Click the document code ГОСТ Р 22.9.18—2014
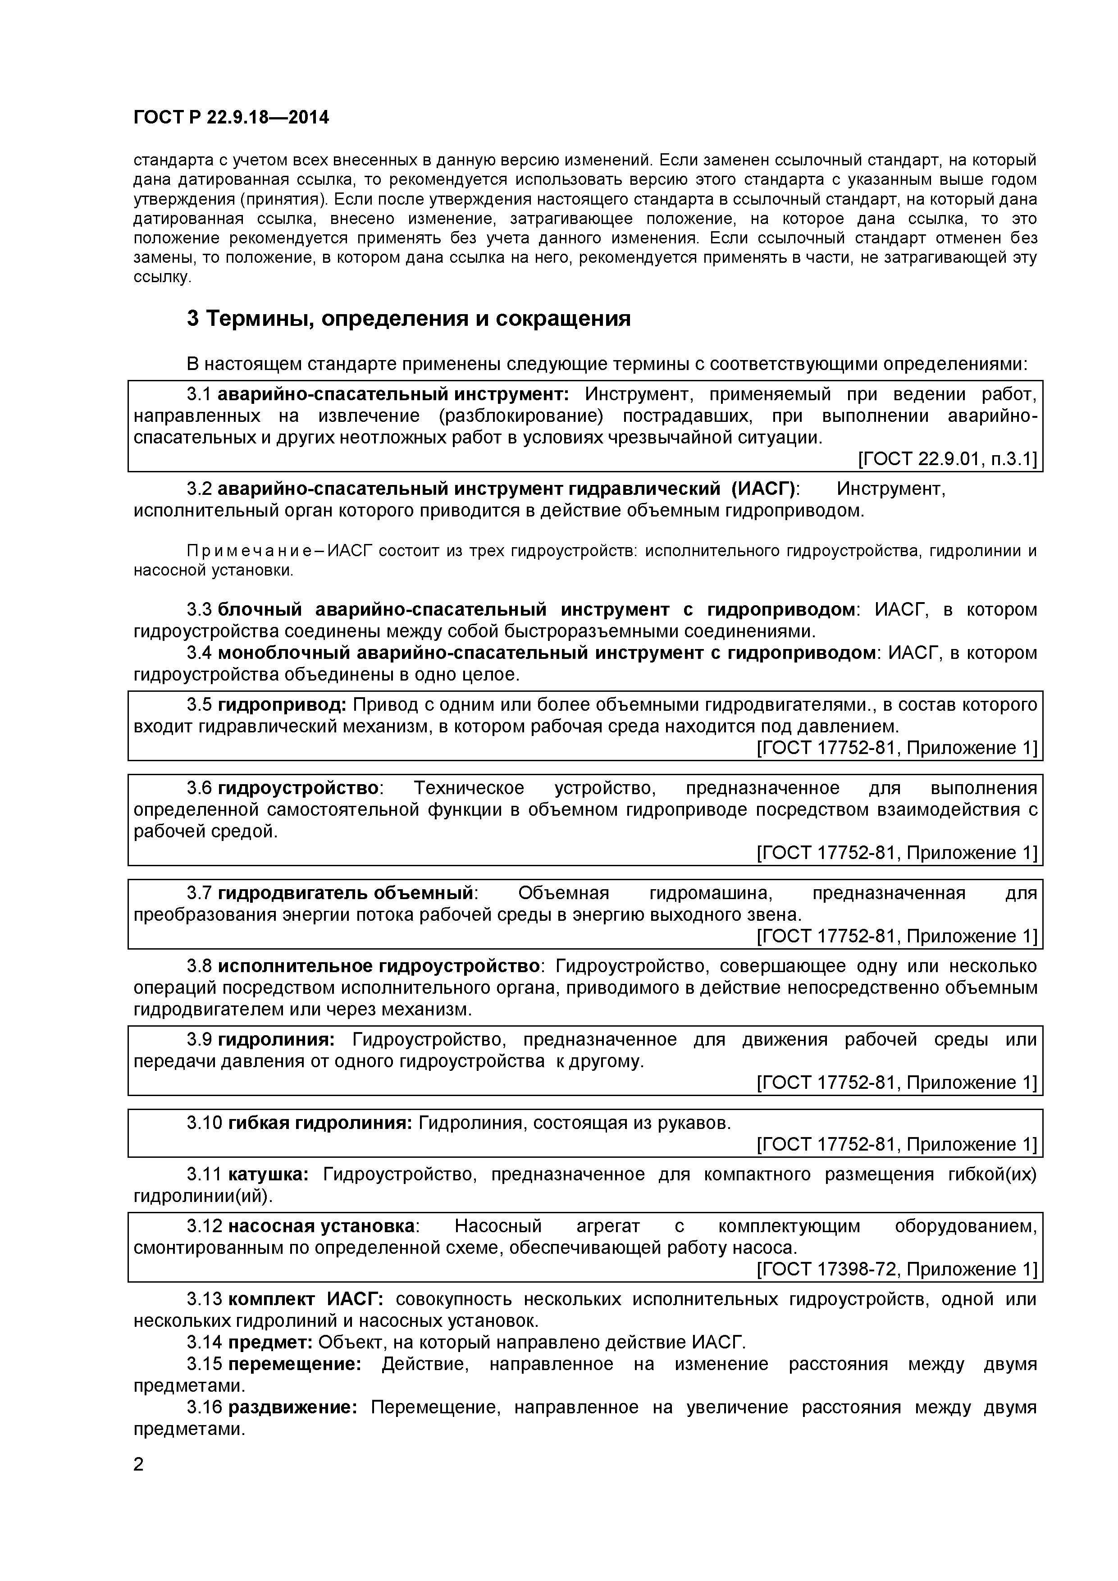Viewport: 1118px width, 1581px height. click(x=231, y=118)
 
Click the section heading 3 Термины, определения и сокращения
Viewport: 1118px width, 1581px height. click(x=408, y=319)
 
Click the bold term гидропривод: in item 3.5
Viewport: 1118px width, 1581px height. click(x=282, y=705)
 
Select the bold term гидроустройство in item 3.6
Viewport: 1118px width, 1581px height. click(x=298, y=788)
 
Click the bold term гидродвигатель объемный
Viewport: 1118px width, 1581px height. click(x=346, y=893)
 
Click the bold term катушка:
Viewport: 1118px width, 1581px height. click(x=268, y=1174)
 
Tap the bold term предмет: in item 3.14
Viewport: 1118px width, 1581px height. click(x=270, y=1342)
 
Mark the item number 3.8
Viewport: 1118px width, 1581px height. click(x=199, y=966)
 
